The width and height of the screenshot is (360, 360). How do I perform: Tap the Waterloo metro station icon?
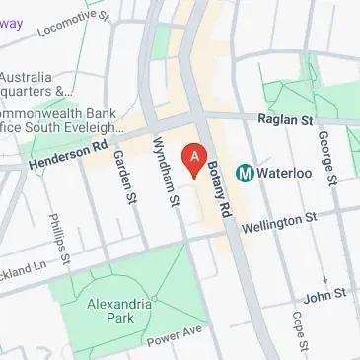(246, 173)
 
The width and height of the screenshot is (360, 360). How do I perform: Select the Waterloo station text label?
(286, 173)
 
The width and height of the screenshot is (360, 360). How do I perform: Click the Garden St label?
(124, 177)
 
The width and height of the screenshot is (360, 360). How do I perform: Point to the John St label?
(325, 294)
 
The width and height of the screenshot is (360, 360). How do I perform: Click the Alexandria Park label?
(118, 311)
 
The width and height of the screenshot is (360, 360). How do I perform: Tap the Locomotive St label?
(72, 22)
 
